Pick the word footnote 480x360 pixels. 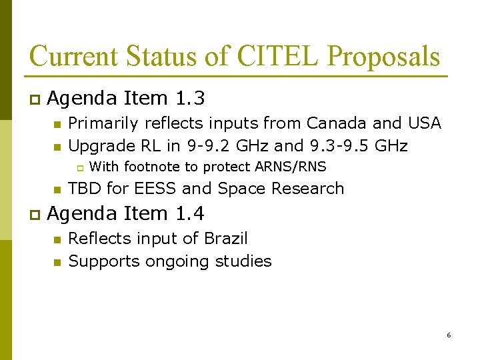tap(152, 167)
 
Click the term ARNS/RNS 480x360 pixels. tap(291, 167)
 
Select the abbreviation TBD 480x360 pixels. tap(85, 189)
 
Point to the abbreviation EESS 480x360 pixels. tap(157, 189)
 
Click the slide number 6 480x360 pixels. tap(449, 335)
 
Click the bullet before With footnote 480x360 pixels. tap(77, 167)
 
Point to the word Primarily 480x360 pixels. tap(102, 124)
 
